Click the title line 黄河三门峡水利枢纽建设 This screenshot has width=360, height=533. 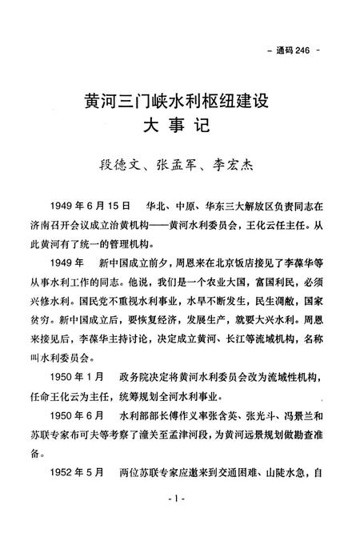tap(180, 102)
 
